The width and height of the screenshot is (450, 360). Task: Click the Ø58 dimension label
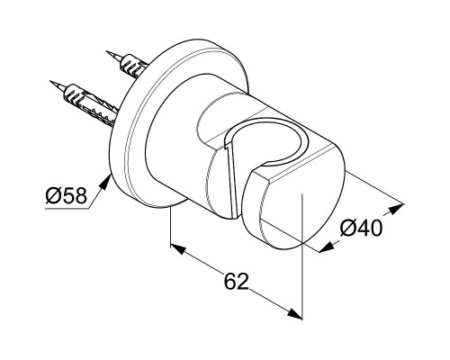tap(66, 195)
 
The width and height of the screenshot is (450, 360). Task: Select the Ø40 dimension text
tap(361, 228)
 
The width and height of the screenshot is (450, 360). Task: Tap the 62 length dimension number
tap(237, 281)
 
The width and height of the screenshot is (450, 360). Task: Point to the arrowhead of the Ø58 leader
tap(104, 183)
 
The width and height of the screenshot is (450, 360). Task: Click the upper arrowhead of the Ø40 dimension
tap(396, 209)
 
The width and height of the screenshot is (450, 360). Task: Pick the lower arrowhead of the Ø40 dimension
tap(327, 247)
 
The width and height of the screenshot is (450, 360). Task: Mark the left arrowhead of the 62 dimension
tap(178, 248)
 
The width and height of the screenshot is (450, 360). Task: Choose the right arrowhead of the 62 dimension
tap(294, 314)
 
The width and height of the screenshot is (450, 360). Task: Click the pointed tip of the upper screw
tap(107, 51)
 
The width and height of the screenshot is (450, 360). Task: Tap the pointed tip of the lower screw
tap(50, 81)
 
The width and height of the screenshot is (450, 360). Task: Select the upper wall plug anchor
tap(133, 67)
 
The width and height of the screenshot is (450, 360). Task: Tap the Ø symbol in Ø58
tap(53, 195)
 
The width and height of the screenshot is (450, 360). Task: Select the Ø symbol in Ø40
tap(348, 229)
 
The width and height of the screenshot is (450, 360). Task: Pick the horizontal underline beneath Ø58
tap(67, 209)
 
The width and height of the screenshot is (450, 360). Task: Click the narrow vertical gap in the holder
tap(231, 180)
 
